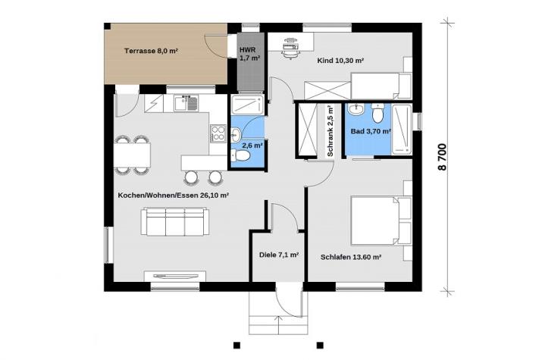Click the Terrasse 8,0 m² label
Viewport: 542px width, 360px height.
tap(151, 51)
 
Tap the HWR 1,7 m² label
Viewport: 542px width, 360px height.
tap(249, 54)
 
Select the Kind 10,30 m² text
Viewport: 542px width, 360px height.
tap(340, 61)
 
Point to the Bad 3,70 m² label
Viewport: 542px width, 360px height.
tap(371, 131)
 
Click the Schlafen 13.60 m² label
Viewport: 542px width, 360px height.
tap(351, 257)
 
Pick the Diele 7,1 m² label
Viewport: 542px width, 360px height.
tap(279, 255)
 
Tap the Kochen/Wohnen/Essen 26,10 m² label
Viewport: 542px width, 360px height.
tap(174, 196)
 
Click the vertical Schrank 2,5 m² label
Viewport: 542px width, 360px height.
tap(330, 131)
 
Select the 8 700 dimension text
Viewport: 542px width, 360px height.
tap(442, 157)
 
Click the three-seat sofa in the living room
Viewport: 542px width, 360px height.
tap(175, 222)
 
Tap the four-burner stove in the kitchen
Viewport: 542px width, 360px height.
tap(218, 133)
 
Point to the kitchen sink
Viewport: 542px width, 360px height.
tap(186, 103)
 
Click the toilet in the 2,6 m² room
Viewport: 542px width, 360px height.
tap(240, 156)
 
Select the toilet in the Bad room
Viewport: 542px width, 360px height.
tap(378, 112)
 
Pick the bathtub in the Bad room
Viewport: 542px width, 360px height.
tap(402, 130)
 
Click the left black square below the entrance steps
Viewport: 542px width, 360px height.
tap(237, 345)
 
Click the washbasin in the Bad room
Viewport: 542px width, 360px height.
tap(356, 110)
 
